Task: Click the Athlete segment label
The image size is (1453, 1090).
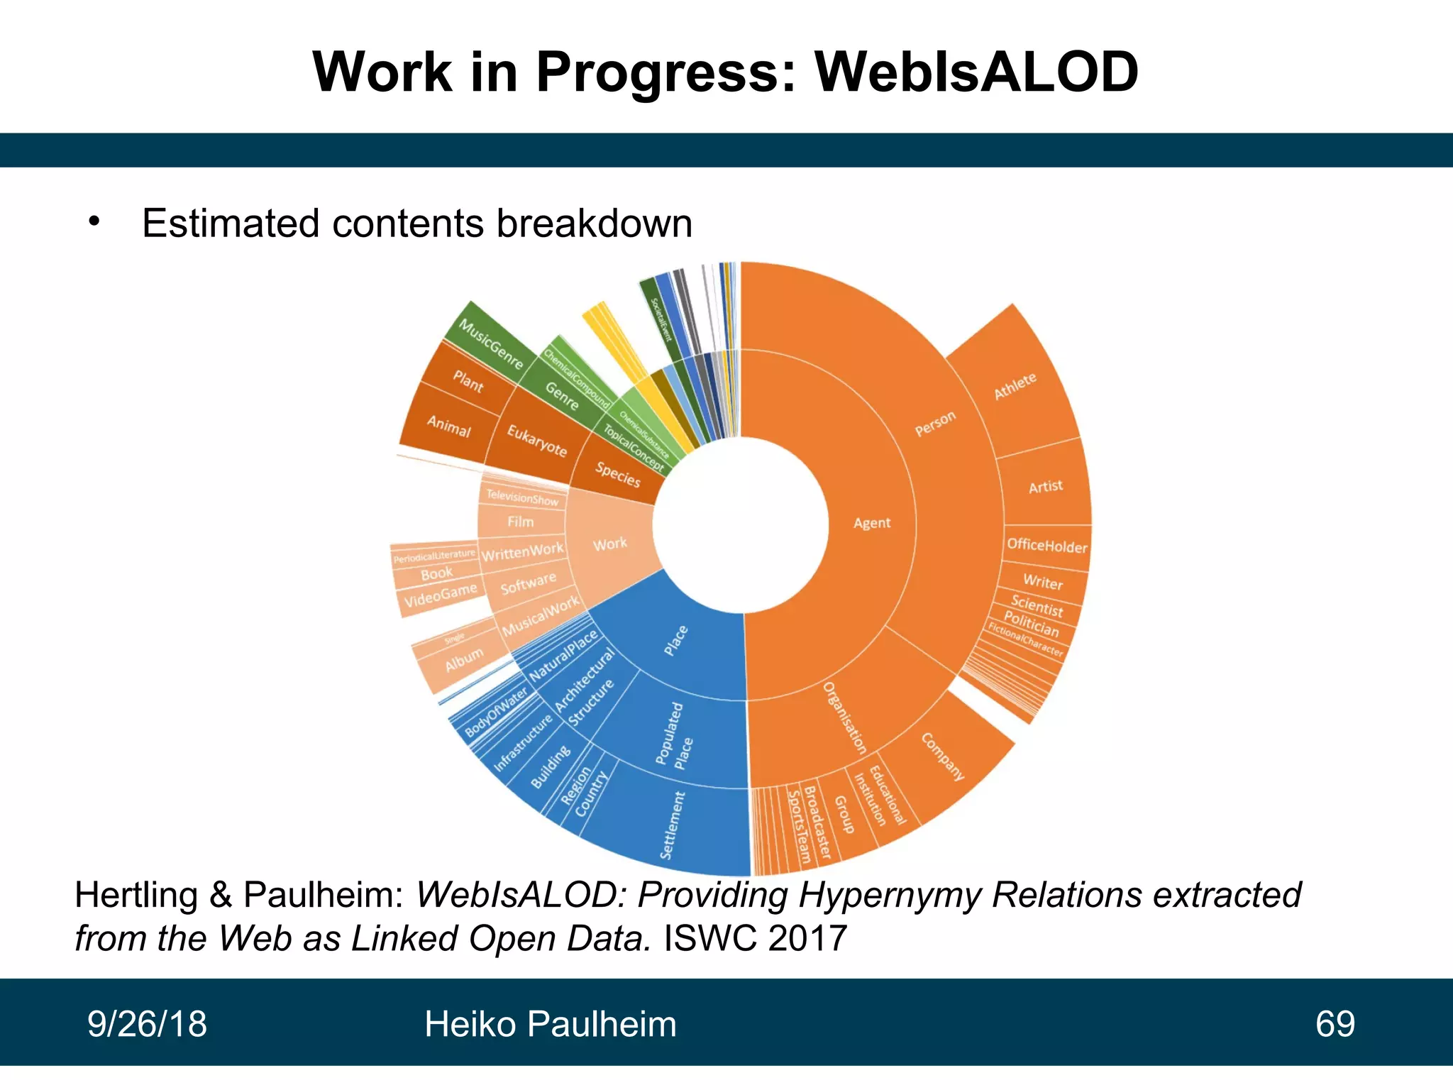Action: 1015,386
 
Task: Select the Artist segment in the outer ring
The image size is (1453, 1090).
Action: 1046,487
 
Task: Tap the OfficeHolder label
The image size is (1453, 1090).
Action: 1046,546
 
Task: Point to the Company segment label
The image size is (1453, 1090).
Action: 944,756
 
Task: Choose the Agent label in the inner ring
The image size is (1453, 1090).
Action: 871,523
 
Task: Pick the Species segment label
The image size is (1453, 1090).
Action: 617,474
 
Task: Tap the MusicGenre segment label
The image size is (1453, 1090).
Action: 491,344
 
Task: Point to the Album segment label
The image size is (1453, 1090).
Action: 464,659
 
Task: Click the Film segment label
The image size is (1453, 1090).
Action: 520,522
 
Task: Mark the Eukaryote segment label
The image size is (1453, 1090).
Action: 537,441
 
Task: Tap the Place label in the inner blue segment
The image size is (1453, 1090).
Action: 675,640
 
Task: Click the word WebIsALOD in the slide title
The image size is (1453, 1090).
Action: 976,72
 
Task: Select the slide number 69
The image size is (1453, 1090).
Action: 1335,1024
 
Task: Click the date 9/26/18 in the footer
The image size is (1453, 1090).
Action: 147,1024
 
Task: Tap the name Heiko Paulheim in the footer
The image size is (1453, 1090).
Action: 551,1024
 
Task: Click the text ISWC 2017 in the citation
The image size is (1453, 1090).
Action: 755,938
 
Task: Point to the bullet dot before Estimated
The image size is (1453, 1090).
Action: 94,221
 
